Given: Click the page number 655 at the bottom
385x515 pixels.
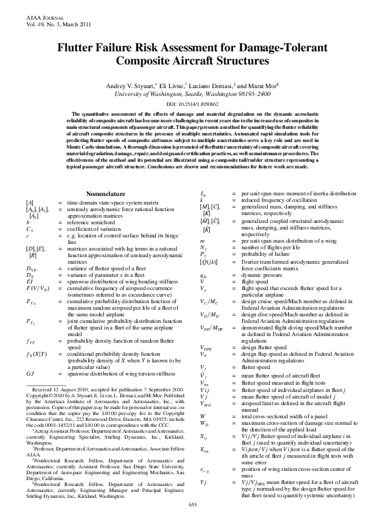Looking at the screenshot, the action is pos(192,504).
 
